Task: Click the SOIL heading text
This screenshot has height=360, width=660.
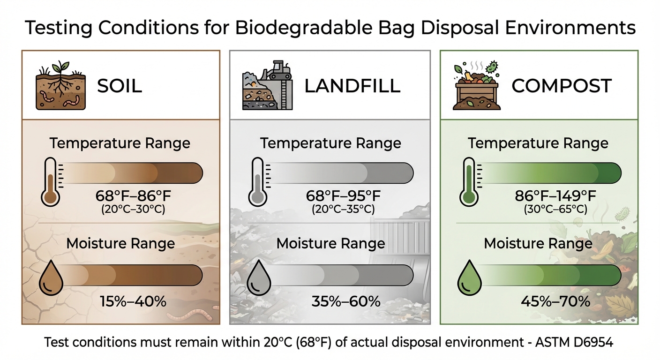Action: tap(120, 86)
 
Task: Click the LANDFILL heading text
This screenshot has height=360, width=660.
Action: tap(352, 86)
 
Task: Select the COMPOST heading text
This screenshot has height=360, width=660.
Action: tap(562, 86)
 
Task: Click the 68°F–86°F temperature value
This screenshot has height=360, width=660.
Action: tap(133, 195)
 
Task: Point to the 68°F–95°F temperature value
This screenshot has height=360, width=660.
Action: tap(343, 195)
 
